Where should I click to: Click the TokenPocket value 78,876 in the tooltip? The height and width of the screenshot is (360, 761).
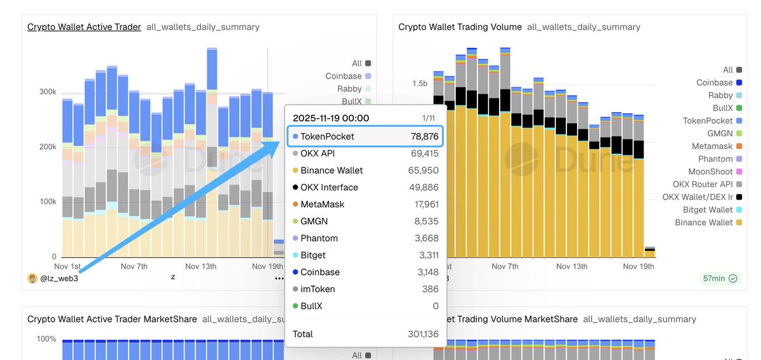(x=424, y=136)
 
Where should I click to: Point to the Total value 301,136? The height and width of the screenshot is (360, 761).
(x=422, y=334)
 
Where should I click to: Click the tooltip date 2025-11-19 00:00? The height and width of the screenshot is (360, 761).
(x=330, y=118)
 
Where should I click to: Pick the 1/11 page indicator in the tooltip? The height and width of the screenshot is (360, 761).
(x=429, y=118)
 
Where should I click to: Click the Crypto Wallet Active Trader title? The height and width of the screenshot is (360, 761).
(x=84, y=27)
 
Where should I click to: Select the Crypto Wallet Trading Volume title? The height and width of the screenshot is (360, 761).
(x=460, y=27)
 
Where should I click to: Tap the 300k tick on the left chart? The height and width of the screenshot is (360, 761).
(x=48, y=92)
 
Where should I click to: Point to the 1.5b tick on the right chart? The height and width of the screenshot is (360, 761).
(x=420, y=84)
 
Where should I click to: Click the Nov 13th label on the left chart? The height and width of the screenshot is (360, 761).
(x=200, y=266)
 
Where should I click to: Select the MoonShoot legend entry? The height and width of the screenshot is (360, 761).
(x=710, y=172)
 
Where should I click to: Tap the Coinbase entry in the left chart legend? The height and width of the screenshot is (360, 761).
(x=343, y=76)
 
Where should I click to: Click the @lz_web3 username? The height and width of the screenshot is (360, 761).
(x=60, y=278)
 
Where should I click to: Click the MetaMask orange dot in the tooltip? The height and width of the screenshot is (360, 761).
(x=296, y=205)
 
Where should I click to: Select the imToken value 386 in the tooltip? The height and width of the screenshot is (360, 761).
(x=431, y=289)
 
